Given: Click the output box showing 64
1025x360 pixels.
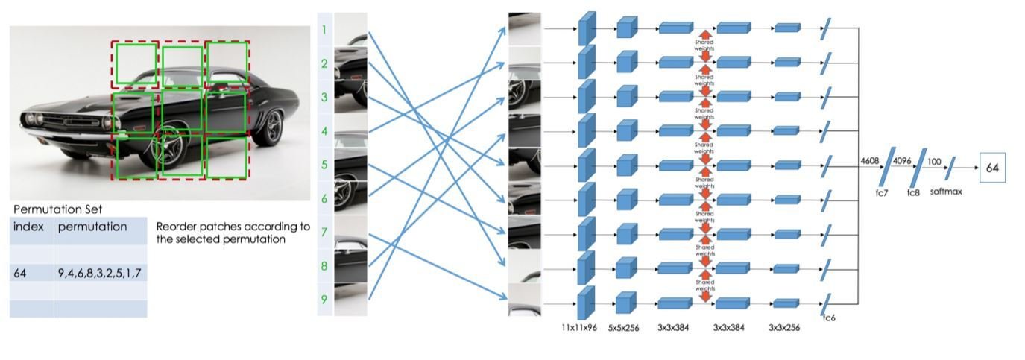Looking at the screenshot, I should pos(992,168).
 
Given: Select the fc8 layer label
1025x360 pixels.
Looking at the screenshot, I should pos(913,192).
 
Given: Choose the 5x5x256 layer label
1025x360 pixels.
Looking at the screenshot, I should pos(625,326).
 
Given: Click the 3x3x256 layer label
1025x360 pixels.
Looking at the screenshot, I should pos(784,326).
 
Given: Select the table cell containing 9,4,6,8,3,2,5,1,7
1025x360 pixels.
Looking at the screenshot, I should pos(100,274).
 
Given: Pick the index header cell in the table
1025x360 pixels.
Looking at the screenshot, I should pos(29,227).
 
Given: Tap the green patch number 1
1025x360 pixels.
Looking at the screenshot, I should pos(324,31).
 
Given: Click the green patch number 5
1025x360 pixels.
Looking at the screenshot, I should pos(324,165).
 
